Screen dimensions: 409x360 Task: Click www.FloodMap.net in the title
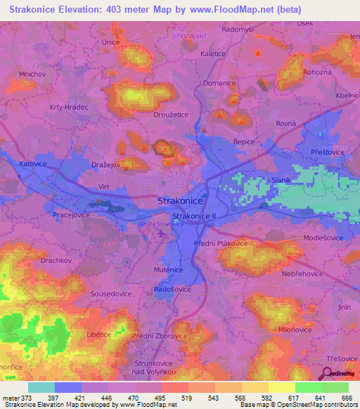238,10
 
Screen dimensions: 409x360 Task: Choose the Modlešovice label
323,238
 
